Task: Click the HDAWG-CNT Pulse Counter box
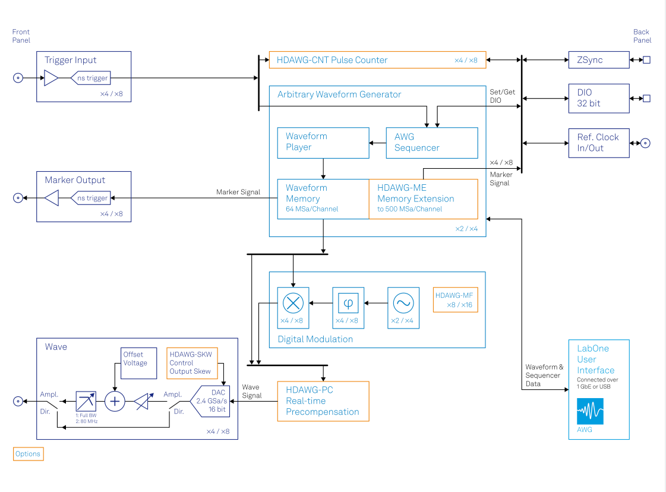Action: pyautogui.click(x=377, y=60)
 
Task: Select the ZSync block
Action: pyautogui.click(x=598, y=60)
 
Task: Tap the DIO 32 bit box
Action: pyautogui.click(x=598, y=98)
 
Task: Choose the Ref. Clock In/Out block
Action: pyautogui.click(x=598, y=143)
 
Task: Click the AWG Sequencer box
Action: pyautogui.click(x=431, y=143)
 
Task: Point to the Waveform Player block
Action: pyautogui.click(x=323, y=142)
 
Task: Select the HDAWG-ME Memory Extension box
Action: pyautogui.click(x=423, y=199)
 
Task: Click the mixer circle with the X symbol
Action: pyautogui.click(x=292, y=303)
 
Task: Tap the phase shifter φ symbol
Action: pyautogui.click(x=348, y=303)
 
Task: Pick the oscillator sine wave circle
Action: pyautogui.click(x=403, y=303)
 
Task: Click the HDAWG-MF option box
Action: pyautogui.click(x=456, y=300)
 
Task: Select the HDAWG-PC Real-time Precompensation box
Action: pyautogui.click(x=323, y=401)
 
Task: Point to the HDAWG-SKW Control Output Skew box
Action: pyautogui.click(x=192, y=362)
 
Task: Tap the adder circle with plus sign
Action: pyautogui.click(x=115, y=402)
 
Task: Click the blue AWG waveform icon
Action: pyautogui.click(x=590, y=411)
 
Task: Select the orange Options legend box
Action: pyautogui.click(x=28, y=454)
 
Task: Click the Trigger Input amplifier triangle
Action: pyautogui.click(x=51, y=78)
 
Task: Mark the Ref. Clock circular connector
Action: pyautogui.click(x=645, y=143)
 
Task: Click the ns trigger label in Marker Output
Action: pyautogui.click(x=92, y=198)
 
